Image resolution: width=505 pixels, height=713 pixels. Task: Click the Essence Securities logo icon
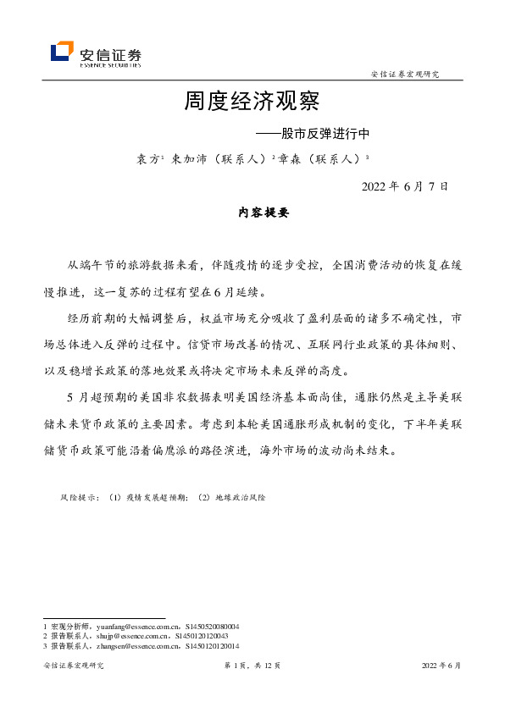[62, 53]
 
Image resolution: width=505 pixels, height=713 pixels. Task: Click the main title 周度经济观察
[252, 102]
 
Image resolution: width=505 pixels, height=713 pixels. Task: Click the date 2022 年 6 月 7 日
[405, 186]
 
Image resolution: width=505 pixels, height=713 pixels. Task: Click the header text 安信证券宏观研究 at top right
[405, 75]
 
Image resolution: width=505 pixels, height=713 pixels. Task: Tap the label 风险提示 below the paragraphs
[79, 497]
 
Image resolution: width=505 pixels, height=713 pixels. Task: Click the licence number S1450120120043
[201, 635]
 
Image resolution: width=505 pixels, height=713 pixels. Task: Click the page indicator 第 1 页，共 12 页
[252, 666]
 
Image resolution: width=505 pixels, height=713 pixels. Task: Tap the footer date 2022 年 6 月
[441, 666]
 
